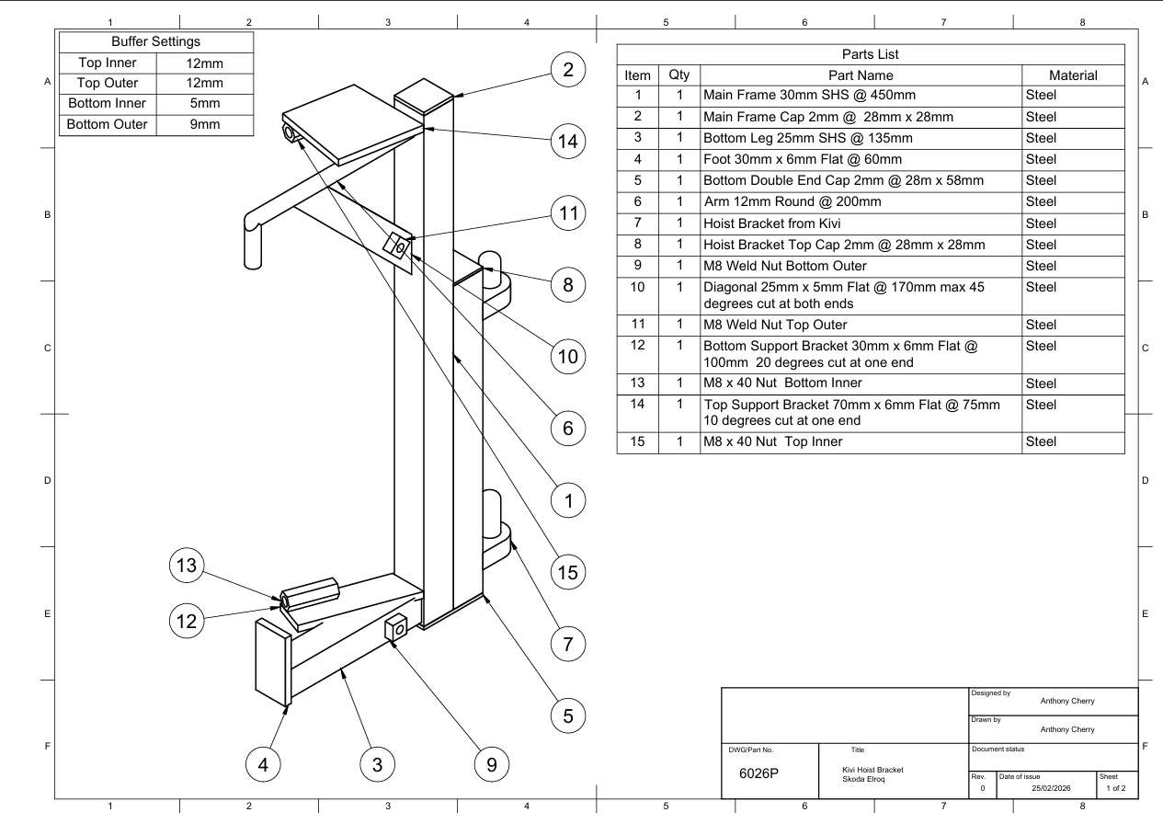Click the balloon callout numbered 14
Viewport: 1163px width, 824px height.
[x=568, y=142]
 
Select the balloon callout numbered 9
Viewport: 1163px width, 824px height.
[x=492, y=764]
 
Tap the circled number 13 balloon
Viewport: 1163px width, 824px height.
[x=187, y=565]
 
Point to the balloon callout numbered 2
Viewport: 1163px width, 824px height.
[x=568, y=70]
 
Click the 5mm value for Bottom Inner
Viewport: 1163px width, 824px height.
[x=205, y=103]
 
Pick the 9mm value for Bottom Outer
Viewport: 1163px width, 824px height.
[x=205, y=124]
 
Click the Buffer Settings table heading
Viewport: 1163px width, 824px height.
[x=155, y=41]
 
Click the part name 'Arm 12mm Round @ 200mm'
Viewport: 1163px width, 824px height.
[x=792, y=201]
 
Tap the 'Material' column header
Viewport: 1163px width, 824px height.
[x=1073, y=75]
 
